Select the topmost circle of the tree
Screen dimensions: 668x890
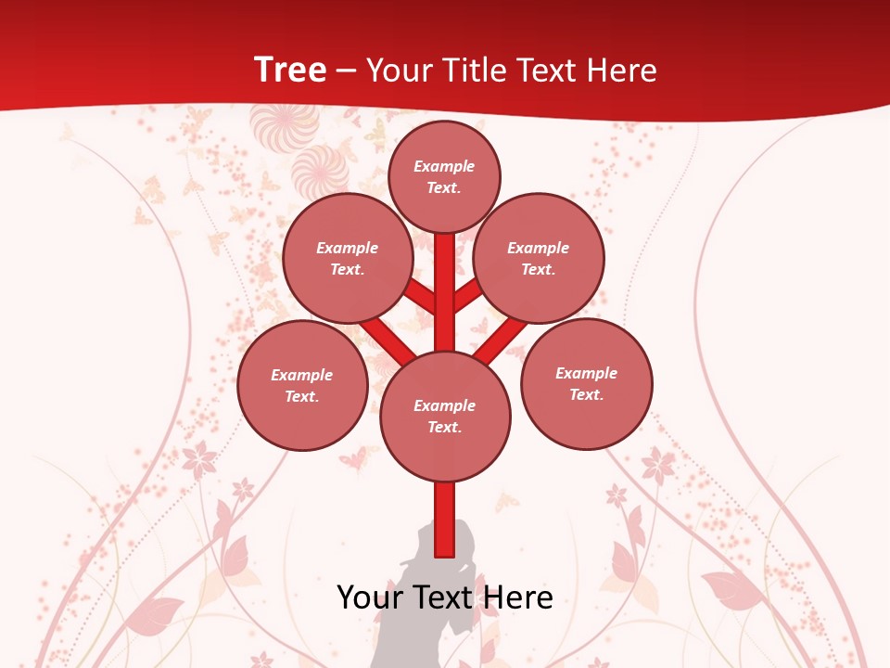pyautogui.click(x=444, y=176)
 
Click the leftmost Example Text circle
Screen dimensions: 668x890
pyautogui.click(x=302, y=385)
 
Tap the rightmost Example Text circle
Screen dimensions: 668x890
pyautogui.click(x=586, y=383)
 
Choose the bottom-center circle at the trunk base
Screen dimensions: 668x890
pyautogui.click(x=445, y=416)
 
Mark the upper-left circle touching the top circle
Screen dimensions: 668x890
pyautogui.click(x=347, y=258)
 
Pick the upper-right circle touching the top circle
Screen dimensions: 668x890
pyautogui.click(x=539, y=258)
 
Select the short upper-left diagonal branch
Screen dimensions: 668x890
pyautogui.click(x=422, y=296)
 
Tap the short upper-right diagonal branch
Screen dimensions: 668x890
pyautogui.click(x=467, y=295)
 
